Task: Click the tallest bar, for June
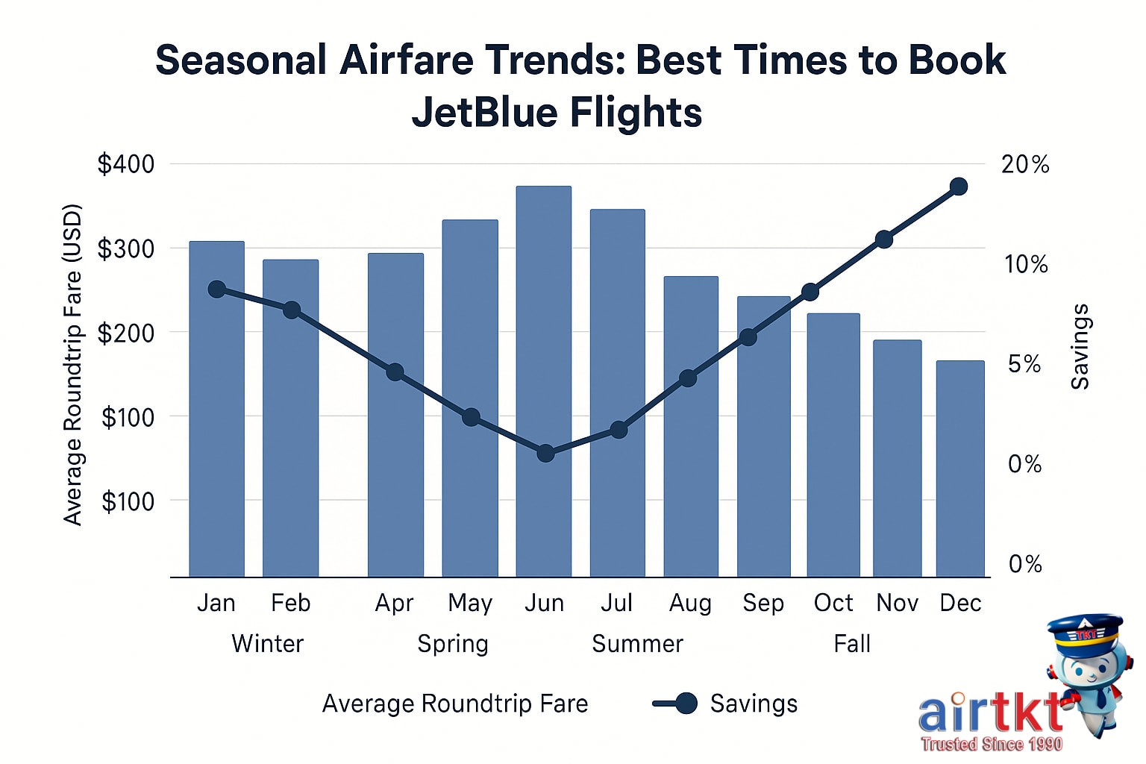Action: click(x=544, y=381)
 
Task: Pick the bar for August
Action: click(x=691, y=426)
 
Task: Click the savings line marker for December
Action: click(x=959, y=187)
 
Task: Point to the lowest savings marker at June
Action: click(x=545, y=453)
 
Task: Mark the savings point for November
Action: click(x=884, y=239)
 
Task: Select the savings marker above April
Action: click(x=395, y=372)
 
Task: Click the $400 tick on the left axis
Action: click(x=126, y=164)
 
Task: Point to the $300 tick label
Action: click(x=126, y=248)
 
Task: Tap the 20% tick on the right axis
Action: click(x=1025, y=164)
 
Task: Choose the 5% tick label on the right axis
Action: click(x=1024, y=364)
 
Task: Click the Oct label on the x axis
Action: click(x=833, y=603)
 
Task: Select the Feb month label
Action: click(x=290, y=603)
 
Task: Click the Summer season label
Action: click(x=637, y=644)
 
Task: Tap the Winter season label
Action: click(x=268, y=644)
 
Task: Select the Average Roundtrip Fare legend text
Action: click(x=455, y=704)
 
